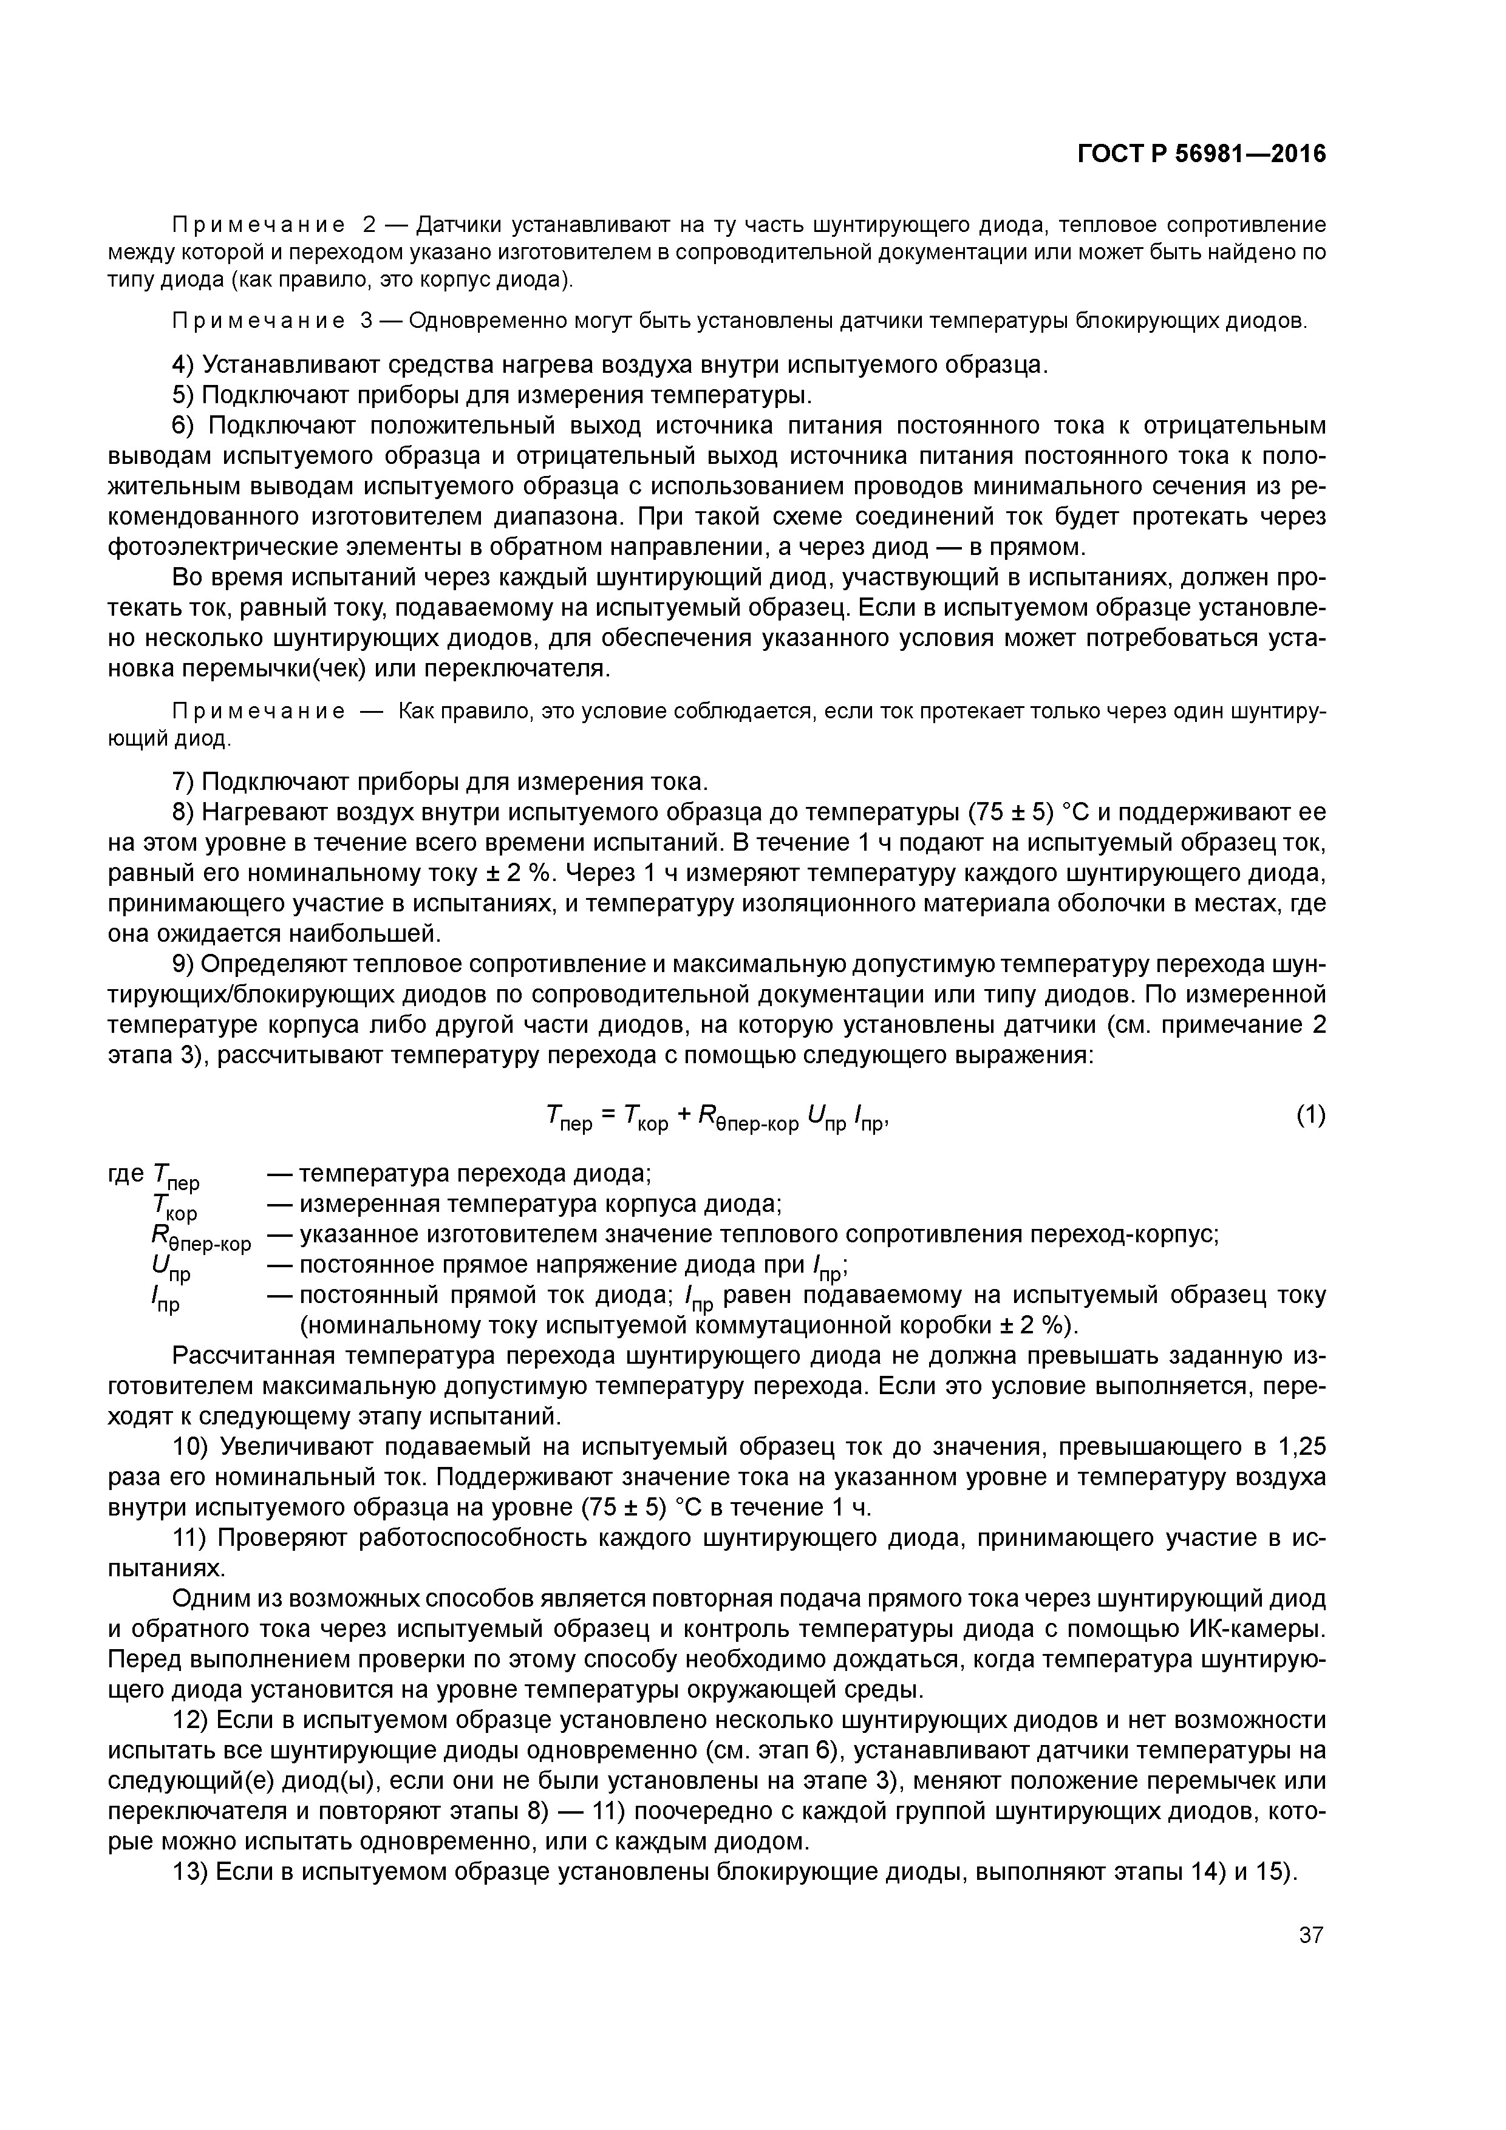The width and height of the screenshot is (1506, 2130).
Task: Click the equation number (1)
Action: pyautogui.click(x=1310, y=1115)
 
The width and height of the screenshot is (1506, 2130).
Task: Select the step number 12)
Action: pyautogui.click(x=192, y=1720)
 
